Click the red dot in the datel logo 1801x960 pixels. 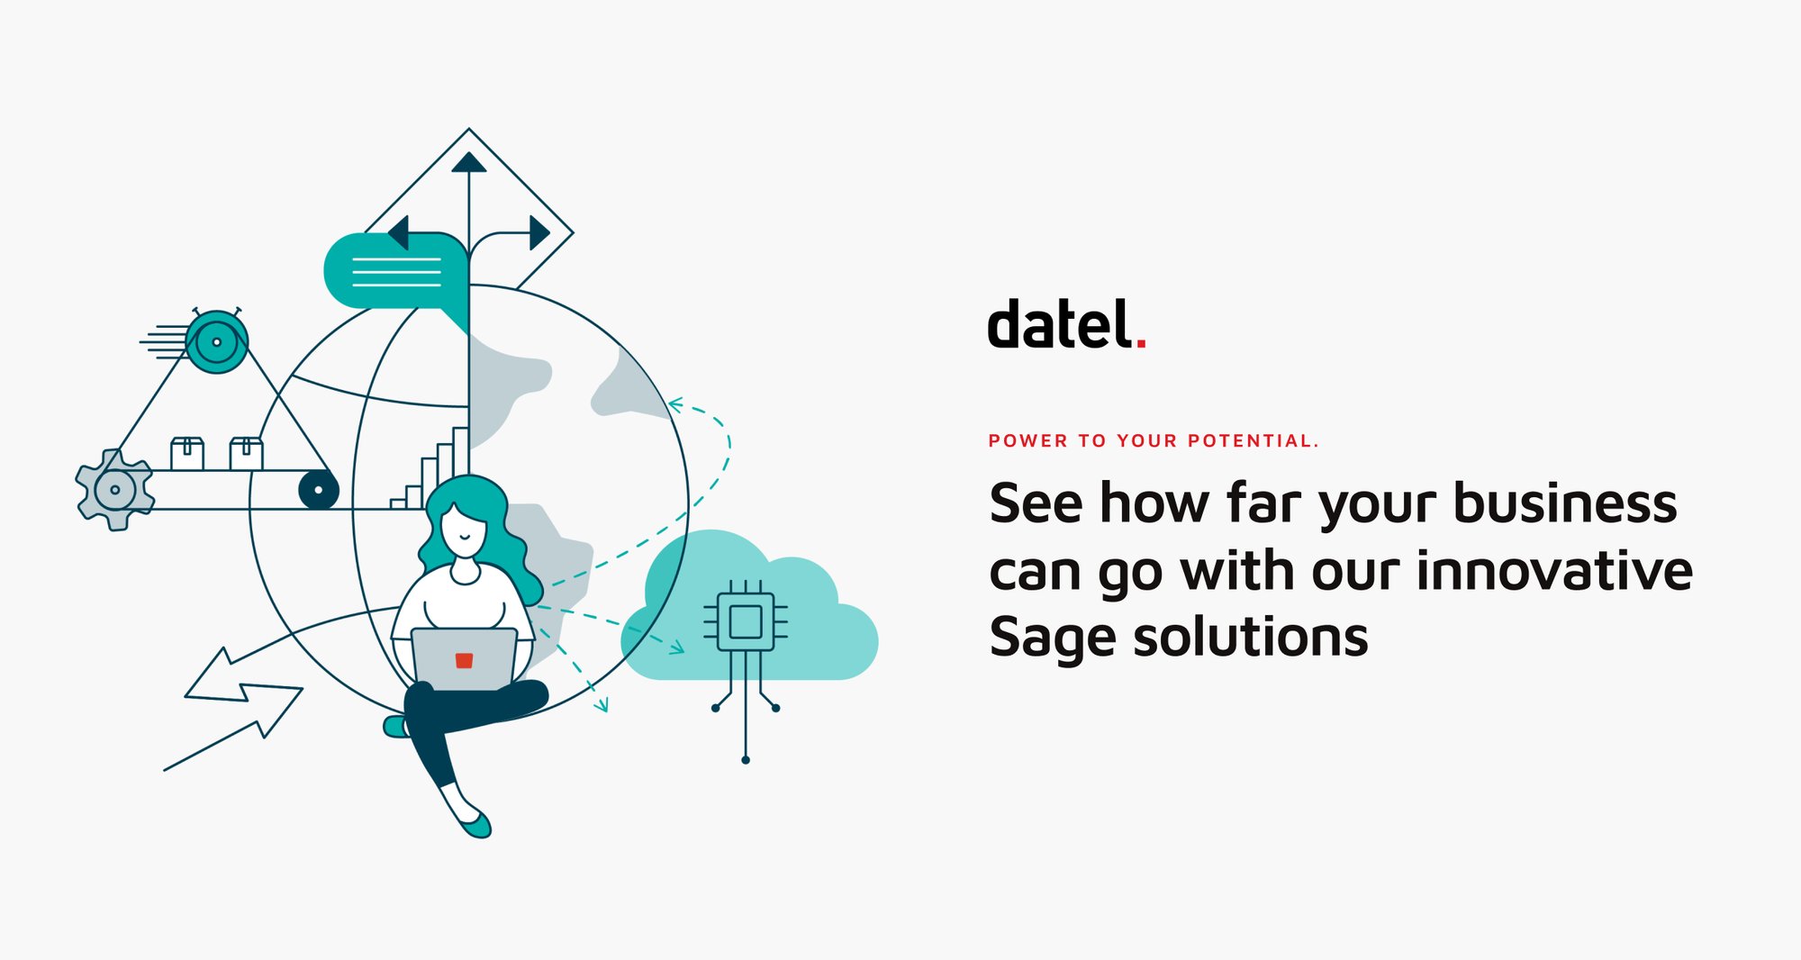[1141, 342]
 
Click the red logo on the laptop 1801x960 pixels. [464, 660]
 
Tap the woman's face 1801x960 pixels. [464, 527]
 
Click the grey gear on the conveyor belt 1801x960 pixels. [114, 490]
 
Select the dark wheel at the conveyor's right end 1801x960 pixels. [318, 490]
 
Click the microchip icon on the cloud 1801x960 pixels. [746, 621]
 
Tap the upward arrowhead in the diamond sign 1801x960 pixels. [468, 162]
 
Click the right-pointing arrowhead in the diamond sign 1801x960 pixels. [538, 232]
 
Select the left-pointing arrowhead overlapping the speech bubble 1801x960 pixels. [399, 232]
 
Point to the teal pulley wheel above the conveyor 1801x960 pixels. [216, 342]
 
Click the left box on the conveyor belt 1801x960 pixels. [187, 453]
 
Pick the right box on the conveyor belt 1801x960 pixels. [246, 453]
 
